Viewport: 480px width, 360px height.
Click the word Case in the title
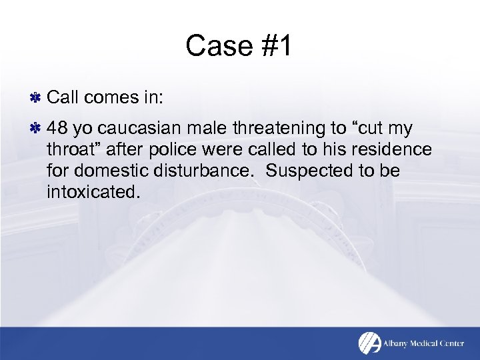[x=214, y=46]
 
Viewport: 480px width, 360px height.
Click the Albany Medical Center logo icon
[x=369, y=343]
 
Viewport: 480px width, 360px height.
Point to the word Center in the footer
[x=459, y=343]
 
